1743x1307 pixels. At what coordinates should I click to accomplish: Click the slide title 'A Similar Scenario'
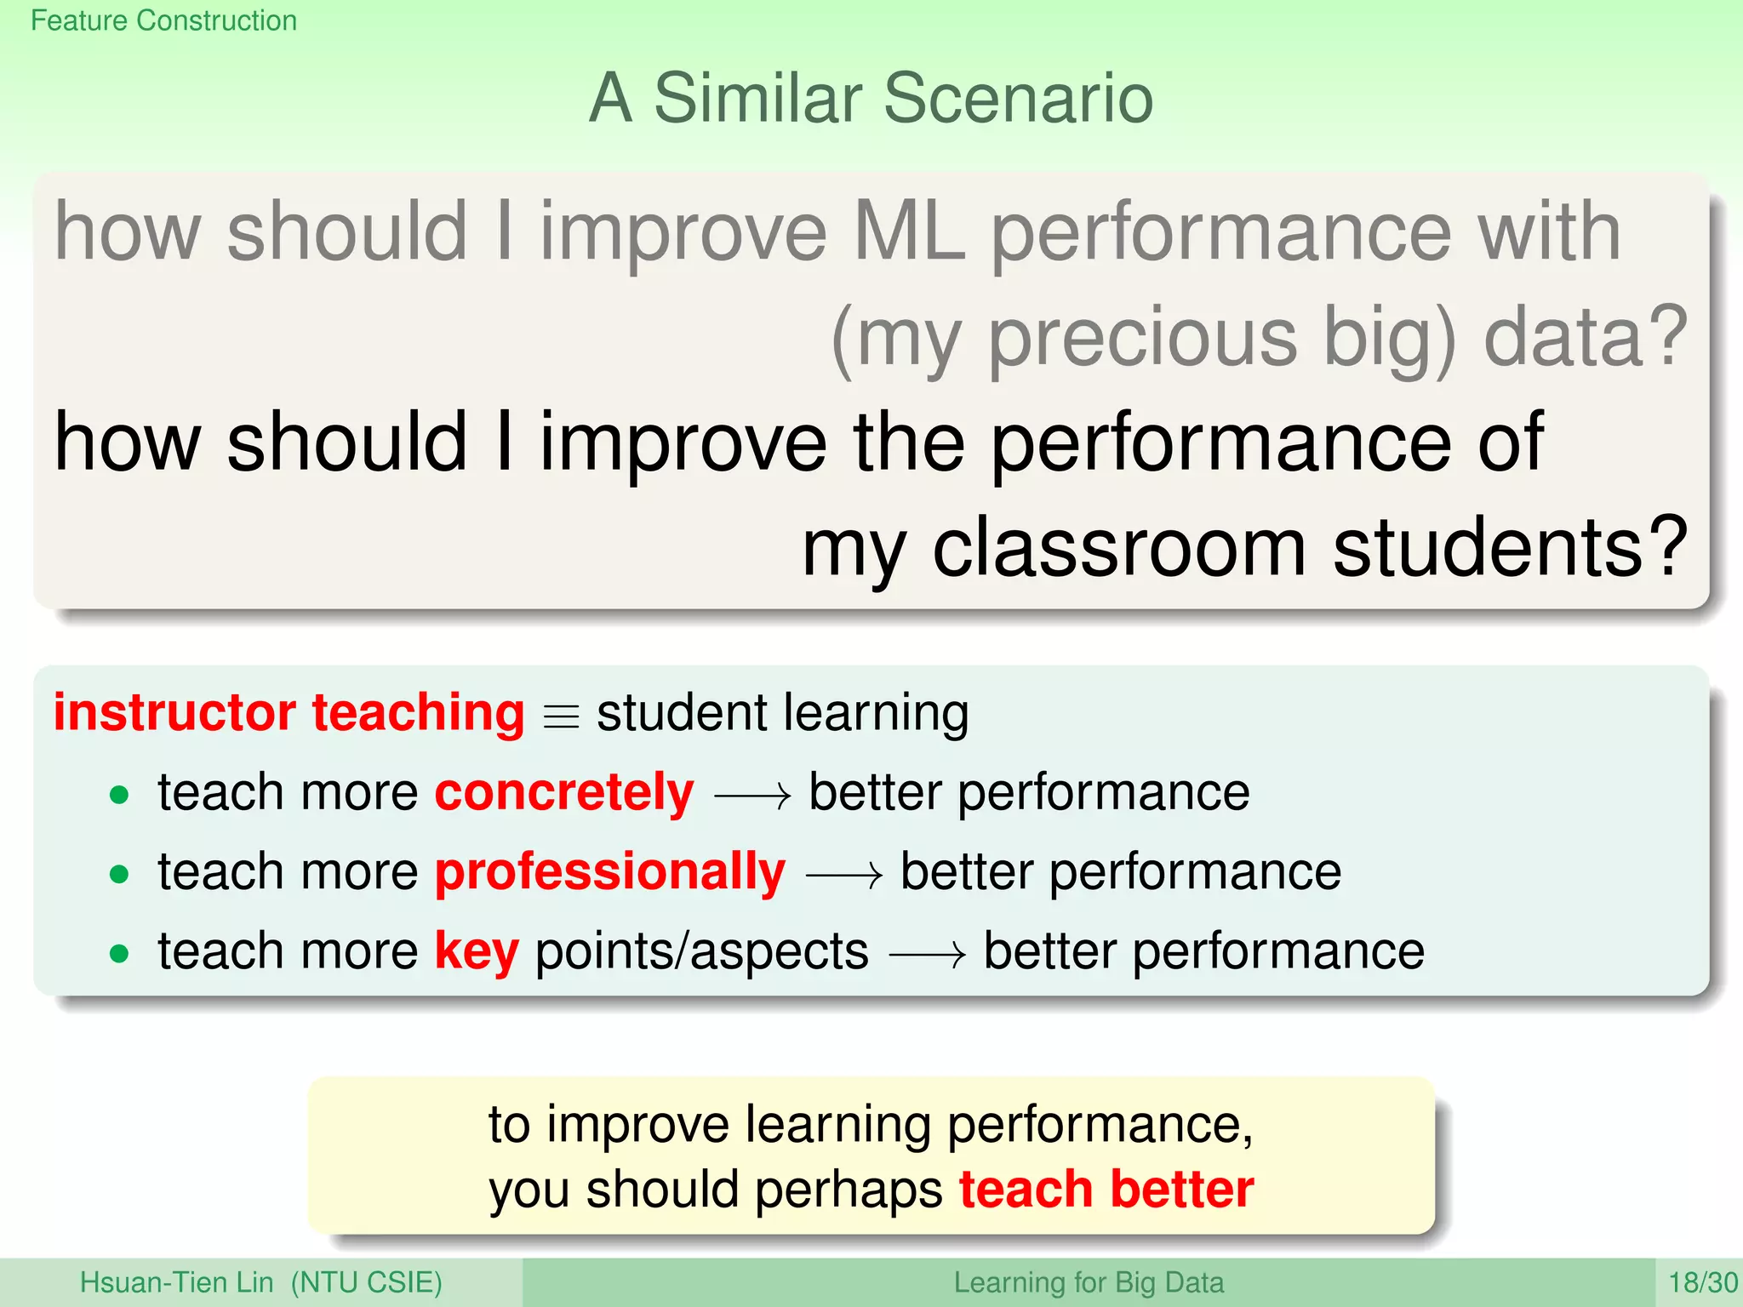pyautogui.click(x=871, y=98)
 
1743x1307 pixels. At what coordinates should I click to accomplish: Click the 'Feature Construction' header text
pyautogui.click(x=163, y=20)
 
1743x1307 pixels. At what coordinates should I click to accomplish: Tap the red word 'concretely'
pyautogui.click(x=564, y=793)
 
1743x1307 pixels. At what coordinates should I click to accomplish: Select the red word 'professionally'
pyautogui.click(x=610, y=872)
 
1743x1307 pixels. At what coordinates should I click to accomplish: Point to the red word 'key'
pyautogui.click(x=477, y=950)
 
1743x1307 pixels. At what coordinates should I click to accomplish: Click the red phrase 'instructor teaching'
pyautogui.click(x=289, y=712)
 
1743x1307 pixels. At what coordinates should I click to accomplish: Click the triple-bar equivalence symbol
pyautogui.click(x=561, y=716)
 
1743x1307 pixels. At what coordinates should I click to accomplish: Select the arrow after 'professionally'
pyautogui.click(x=843, y=876)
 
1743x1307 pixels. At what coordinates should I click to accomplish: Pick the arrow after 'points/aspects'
pyautogui.click(x=927, y=955)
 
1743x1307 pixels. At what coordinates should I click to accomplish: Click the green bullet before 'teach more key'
pyautogui.click(x=119, y=953)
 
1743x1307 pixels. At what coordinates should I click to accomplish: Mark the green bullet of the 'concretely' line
pyautogui.click(x=119, y=796)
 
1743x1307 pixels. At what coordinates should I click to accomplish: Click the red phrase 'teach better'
pyautogui.click(x=1106, y=1189)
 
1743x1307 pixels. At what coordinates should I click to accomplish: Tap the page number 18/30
pyautogui.click(x=1702, y=1282)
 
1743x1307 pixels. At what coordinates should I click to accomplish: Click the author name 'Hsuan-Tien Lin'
pyautogui.click(x=176, y=1282)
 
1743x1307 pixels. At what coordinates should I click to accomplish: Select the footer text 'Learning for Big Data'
pyautogui.click(x=1089, y=1282)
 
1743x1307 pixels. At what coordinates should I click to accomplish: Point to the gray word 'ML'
pyautogui.click(x=909, y=231)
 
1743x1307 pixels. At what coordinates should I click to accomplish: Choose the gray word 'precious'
pyautogui.click(x=1143, y=338)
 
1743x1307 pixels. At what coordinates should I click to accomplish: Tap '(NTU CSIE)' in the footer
pyautogui.click(x=367, y=1282)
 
